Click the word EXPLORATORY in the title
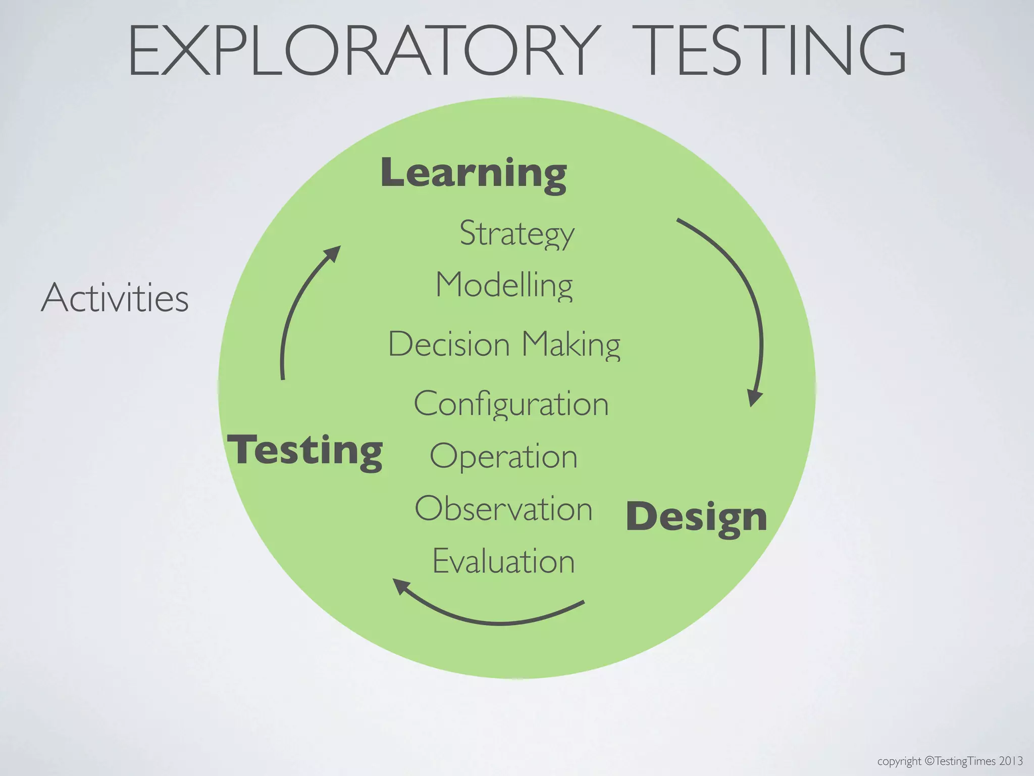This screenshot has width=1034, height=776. pyautogui.click(x=364, y=51)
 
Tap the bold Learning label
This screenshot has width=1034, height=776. pyautogui.click(x=474, y=173)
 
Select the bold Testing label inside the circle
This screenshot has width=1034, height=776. pyautogui.click(x=305, y=450)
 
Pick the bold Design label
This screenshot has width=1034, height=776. pyautogui.click(x=696, y=517)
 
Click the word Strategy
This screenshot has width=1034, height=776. pyautogui.click(x=517, y=234)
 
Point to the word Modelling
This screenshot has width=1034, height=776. pyautogui.click(x=504, y=285)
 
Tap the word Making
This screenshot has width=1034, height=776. pyautogui.click(x=571, y=345)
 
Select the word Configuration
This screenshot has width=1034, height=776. pyautogui.click(x=511, y=404)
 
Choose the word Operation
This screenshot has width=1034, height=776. pyautogui.click(x=503, y=457)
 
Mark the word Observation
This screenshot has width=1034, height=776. pyautogui.click(x=503, y=509)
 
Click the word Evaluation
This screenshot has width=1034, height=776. pyautogui.click(x=503, y=561)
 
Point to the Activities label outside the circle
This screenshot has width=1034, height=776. pyautogui.click(x=115, y=298)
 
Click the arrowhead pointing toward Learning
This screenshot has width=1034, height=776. pyautogui.click(x=333, y=253)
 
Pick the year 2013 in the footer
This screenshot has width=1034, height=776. pyautogui.click(x=1011, y=761)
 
